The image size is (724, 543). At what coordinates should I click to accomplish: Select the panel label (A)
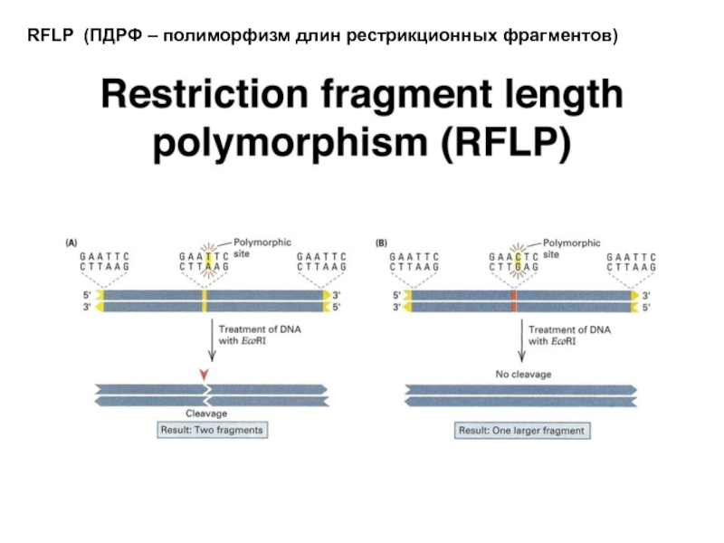click(69, 243)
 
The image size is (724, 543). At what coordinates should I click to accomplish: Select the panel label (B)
click(382, 243)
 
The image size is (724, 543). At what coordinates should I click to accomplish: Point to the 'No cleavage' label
click(522, 373)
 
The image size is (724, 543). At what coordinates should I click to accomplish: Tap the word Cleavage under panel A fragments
click(206, 414)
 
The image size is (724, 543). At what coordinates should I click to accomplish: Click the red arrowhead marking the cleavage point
click(206, 375)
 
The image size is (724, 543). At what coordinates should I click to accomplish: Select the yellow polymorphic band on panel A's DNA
click(205, 301)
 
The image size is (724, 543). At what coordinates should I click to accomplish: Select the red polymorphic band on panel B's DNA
click(514, 301)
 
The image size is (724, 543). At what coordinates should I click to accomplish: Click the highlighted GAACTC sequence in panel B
click(513, 262)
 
